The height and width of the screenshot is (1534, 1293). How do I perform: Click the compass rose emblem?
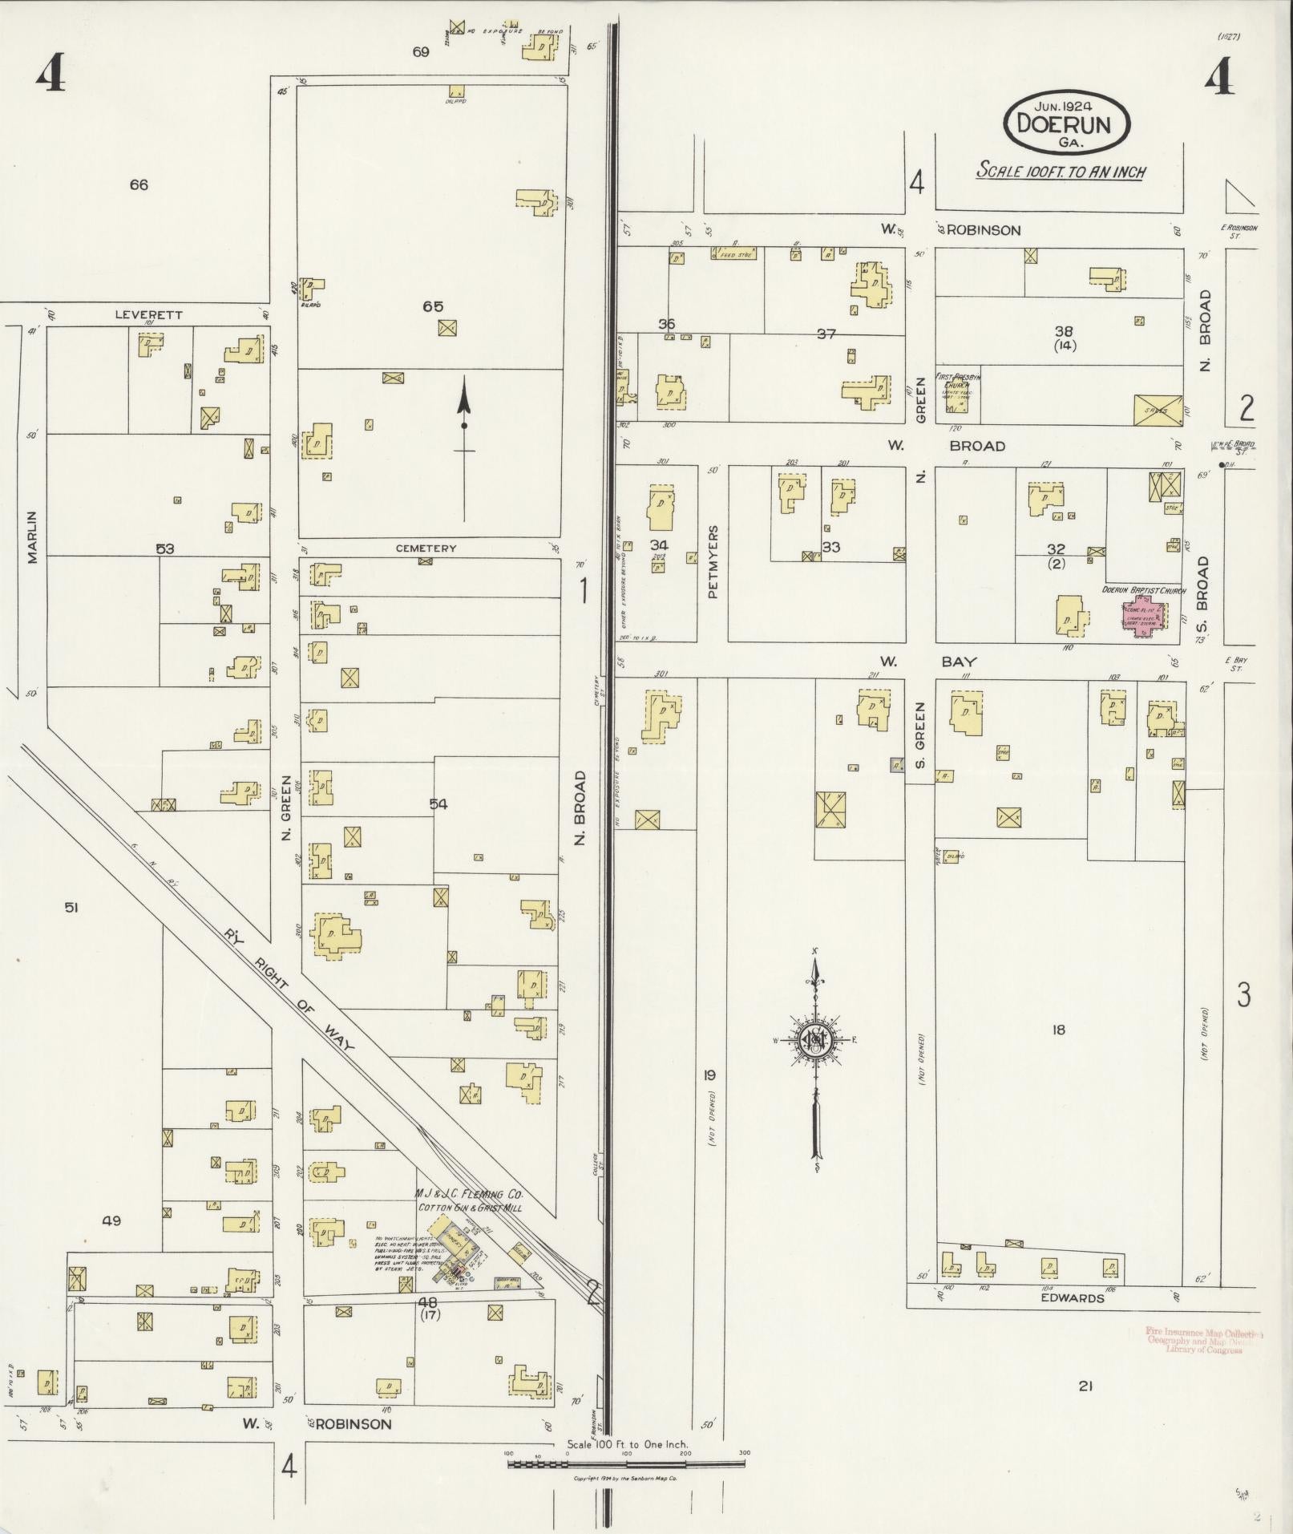click(x=816, y=1041)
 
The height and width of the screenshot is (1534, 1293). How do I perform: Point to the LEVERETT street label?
click(x=148, y=314)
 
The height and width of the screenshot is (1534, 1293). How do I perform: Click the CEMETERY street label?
click(x=426, y=548)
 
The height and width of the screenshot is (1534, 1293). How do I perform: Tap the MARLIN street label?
click(x=32, y=536)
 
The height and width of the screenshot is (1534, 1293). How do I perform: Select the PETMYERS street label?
click(x=713, y=561)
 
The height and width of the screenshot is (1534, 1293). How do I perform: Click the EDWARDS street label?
click(x=1072, y=1298)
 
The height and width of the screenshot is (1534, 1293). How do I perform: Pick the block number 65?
click(x=433, y=306)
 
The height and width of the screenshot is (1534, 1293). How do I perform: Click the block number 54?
click(x=438, y=803)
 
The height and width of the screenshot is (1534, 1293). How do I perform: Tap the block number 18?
click(x=1058, y=1030)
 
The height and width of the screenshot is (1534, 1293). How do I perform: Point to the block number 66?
click(x=139, y=184)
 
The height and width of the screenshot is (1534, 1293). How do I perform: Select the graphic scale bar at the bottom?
click(x=626, y=1464)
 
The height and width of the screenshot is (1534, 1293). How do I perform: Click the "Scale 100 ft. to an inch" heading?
click(x=1061, y=172)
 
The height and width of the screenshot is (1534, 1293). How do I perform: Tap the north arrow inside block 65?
click(x=463, y=449)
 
